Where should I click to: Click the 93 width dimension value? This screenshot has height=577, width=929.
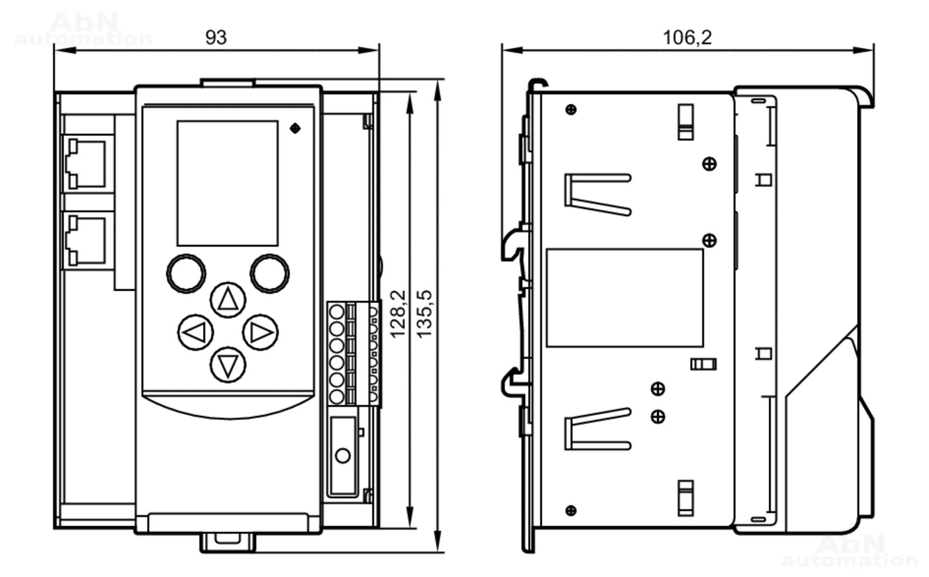[216, 38]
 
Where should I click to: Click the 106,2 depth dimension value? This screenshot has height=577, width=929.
[687, 38]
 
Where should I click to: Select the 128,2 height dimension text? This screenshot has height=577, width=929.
[398, 314]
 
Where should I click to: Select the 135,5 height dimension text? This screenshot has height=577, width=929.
[424, 314]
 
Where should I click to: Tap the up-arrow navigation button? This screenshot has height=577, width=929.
[228, 300]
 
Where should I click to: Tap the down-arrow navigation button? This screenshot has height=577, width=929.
[228, 365]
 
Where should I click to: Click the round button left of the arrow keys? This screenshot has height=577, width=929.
[186, 273]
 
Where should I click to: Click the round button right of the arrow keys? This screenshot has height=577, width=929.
[270, 273]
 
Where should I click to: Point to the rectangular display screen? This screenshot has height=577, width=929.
[228, 183]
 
